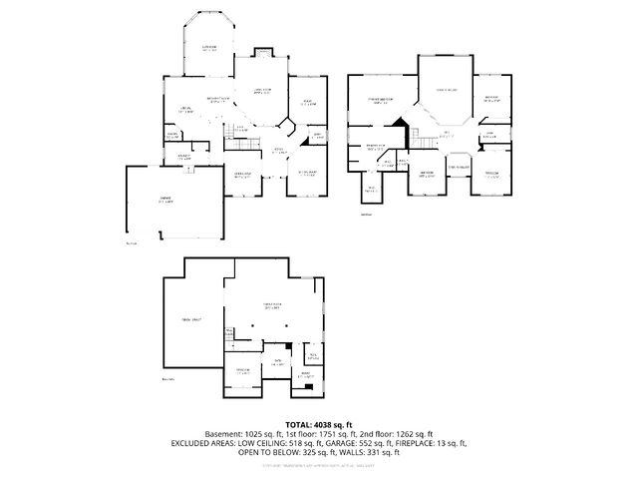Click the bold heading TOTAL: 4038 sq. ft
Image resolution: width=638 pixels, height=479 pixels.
[319, 424]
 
